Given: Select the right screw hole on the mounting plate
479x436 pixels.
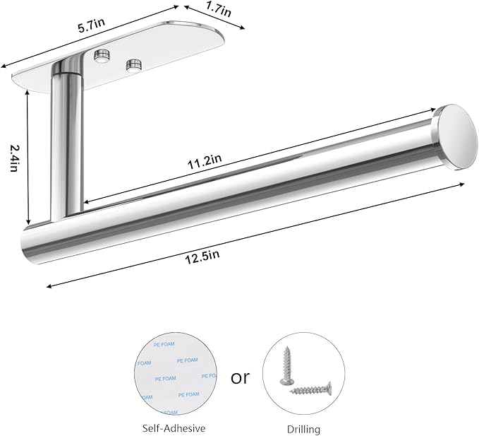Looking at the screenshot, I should click(x=132, y=66).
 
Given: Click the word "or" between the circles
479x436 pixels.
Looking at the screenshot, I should click(x=241, y=377).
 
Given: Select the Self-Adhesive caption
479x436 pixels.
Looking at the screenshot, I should click(x=174, y=428).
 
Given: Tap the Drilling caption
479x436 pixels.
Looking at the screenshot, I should click(x=303, y=428).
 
